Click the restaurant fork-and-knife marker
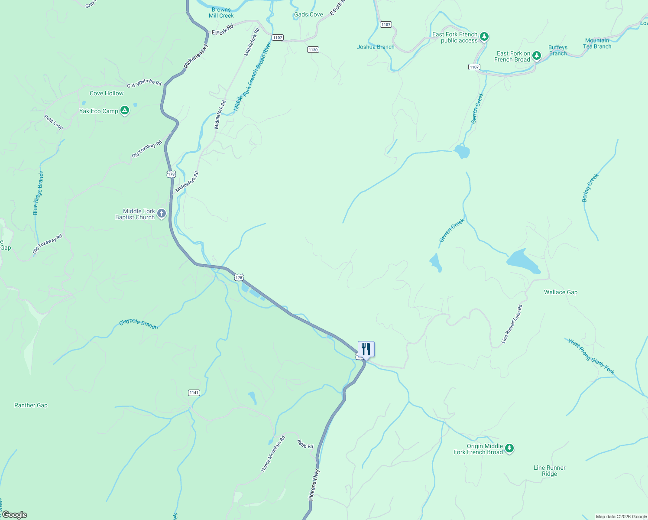(366, 349)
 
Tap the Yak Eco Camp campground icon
(125, 111)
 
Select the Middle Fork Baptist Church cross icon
(162, 213)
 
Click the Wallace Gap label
(561, 292)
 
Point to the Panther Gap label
(31, 405)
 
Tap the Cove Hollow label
(107, 93)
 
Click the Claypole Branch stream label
(138, 324)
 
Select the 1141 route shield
(194, 393)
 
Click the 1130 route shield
(313, 50)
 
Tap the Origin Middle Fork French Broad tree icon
(509, 448)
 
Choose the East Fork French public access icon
(484, 36)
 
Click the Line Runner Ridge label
(549, 471)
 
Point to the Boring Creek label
(590, 188)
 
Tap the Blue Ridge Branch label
(38, 193)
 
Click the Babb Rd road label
(305, 444)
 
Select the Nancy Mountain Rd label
(273, 454)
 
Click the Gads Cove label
(308, 14)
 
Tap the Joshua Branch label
(376, 47)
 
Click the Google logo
(14, 515)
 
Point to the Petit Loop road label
(53, 122)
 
